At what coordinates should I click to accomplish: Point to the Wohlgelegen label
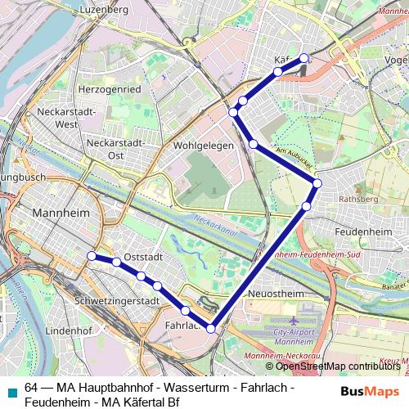[204, 145]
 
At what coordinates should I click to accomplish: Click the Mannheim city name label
[61, 213]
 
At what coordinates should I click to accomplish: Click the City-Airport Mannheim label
[295, 336]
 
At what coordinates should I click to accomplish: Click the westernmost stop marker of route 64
[92, 256]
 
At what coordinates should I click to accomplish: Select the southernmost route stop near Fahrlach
[211, 328]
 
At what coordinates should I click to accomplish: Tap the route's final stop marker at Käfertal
[303, 58]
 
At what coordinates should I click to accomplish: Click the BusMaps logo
[371, 391]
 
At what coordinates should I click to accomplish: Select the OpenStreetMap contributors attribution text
[338, 366]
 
